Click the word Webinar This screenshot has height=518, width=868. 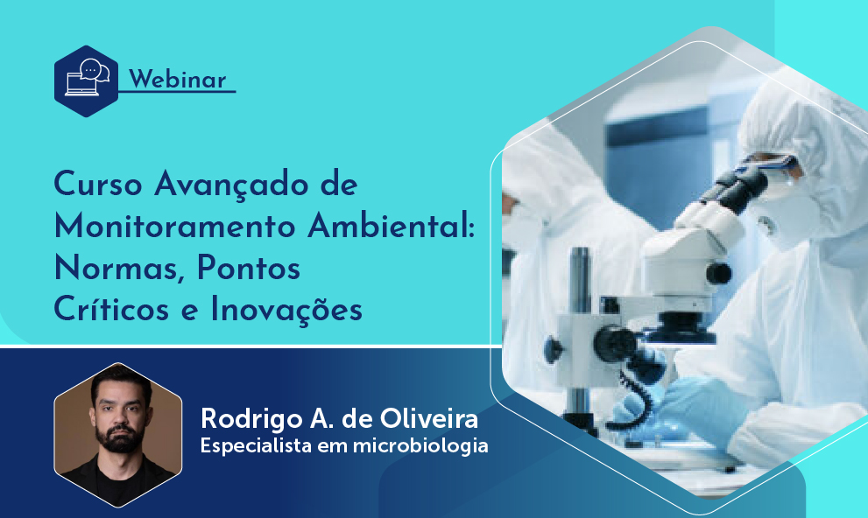click(177, 80)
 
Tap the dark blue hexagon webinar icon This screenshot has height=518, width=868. click(87, 81)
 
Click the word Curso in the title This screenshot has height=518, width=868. click(98, 184)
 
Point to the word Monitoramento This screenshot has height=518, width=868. click(175, 226)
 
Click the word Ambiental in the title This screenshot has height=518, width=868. click(391, 226)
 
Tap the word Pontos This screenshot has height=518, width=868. click(249, 268)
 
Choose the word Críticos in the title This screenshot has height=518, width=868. click(111, 309)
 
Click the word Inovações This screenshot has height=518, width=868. click(286, 310)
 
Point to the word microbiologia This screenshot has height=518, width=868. click(420, 445)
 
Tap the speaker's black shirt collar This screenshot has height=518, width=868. click(118, 474)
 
